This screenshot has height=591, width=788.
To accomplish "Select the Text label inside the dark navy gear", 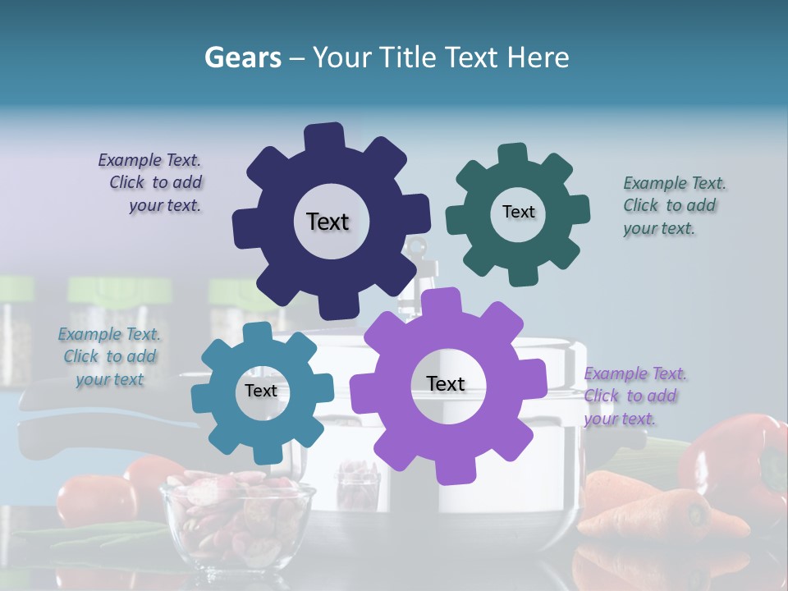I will pyautogui.click(x=328, y=222).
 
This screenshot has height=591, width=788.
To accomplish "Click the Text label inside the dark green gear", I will pyautogui.click(x=518, y=212).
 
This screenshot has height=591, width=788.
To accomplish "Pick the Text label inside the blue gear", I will pyautogui.click(x=261, y=392).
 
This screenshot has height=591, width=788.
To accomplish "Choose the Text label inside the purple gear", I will pyautogui.click(x=446, y=384).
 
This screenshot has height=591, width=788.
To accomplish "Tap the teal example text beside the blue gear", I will pyautogui.click(x=110, y=357).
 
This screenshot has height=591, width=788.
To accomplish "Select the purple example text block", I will pyautogui.click(x=634, y=396).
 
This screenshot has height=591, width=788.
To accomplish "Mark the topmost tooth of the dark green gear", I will pyautogui.click(x=513, y=153).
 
